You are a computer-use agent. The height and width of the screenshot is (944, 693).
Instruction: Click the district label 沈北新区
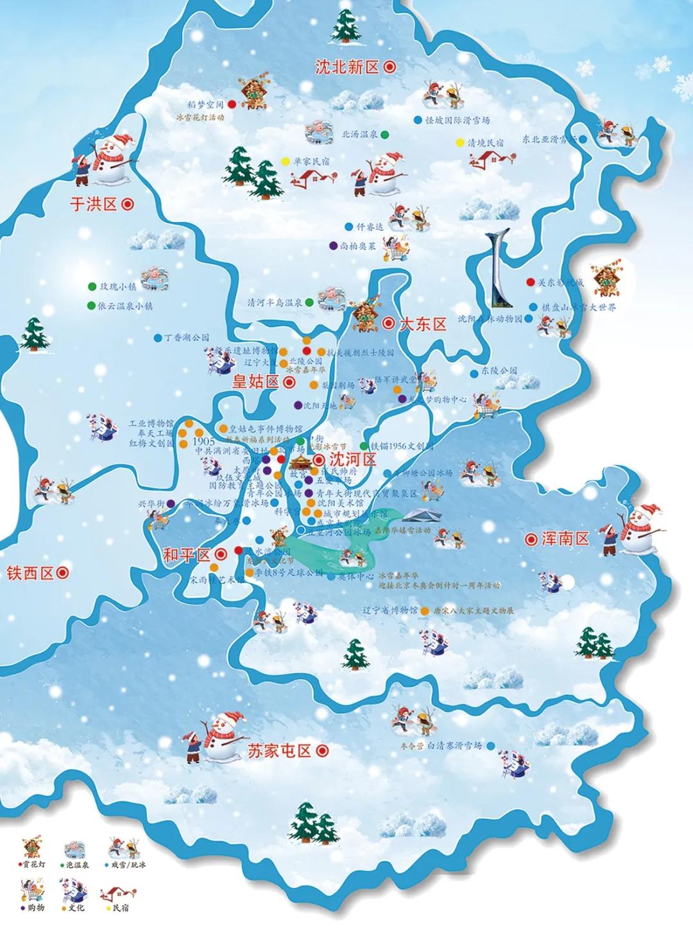tap(347, 67)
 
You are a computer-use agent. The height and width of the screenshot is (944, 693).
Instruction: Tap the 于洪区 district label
tap(94, 205)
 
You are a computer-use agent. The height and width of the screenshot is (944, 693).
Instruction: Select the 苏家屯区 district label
tap(278, 751)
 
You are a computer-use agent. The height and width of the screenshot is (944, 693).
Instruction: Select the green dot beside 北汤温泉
tap(384, 135)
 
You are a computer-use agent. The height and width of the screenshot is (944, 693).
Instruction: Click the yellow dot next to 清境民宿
tap(459, 142)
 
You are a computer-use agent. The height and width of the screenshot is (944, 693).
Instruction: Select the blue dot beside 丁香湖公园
tap(158, 337)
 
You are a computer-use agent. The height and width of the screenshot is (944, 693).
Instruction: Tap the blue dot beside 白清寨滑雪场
tap(491, 746)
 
